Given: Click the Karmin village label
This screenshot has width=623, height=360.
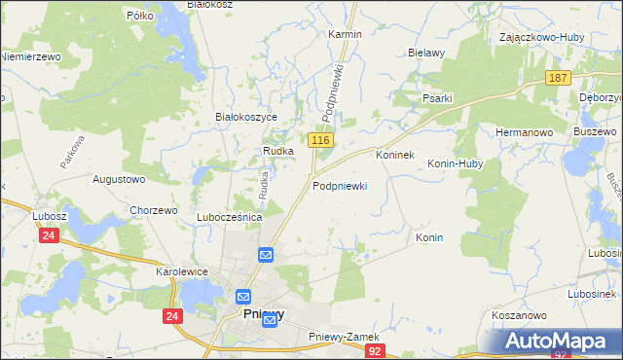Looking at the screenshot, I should click(x=345, y=34).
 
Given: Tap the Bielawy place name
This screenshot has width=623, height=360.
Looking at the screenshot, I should click(x=426, y=53).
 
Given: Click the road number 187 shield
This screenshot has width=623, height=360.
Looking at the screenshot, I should click(x=557, y=79).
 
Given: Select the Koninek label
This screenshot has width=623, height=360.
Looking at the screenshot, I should click(x=395, y=155).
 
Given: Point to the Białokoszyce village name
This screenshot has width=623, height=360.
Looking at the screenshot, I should click(x=246, y=117).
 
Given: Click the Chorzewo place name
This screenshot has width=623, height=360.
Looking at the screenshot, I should click(x=153, y=210).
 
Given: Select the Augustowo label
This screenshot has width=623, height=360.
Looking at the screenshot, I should click(x=118, y=179).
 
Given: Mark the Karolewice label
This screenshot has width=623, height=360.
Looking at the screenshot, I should click(x=182, y=271).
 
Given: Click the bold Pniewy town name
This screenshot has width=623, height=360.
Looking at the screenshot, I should click(x=263, y=314).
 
